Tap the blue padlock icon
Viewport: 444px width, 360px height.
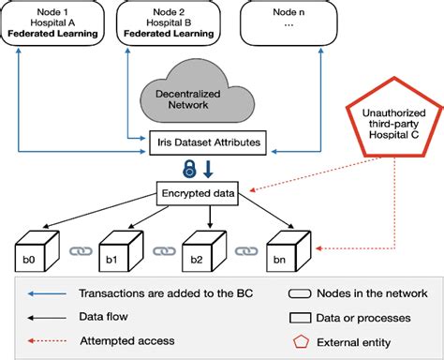pyautogui.click(x=190, y=170)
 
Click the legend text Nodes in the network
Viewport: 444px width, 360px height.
pyautogui.click(x=370, y=293)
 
